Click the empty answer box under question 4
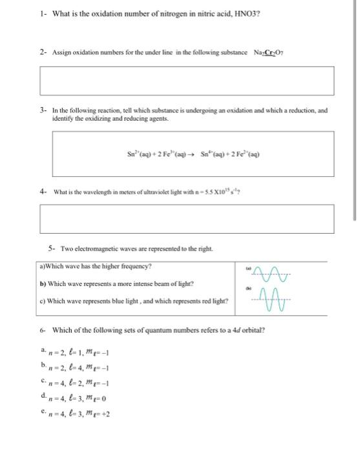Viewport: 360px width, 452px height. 187,219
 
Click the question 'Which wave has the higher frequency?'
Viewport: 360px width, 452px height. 96,266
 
